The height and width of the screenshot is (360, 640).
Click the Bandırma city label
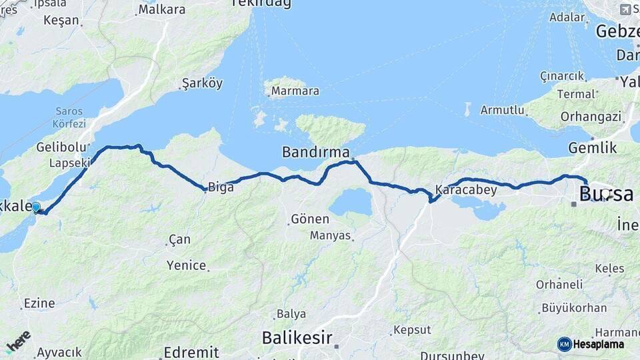(315, 152)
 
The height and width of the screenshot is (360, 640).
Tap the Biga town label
(221, 187)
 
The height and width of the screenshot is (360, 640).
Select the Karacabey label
(466, 189)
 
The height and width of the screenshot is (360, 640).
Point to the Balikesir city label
(297, 337)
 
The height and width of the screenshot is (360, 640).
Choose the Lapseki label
(69, 163)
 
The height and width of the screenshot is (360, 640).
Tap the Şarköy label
(202, 84)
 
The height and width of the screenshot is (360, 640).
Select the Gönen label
(310, 219)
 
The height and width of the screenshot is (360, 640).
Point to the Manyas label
(329, 235)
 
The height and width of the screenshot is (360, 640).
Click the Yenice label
(186, 265)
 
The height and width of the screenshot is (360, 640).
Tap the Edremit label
(191, 352)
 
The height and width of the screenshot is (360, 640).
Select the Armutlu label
(503, 110)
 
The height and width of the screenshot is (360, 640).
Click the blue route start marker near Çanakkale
(36, 208)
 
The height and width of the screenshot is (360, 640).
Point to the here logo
(18, 340)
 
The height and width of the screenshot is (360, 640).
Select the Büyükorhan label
(574, 308)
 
